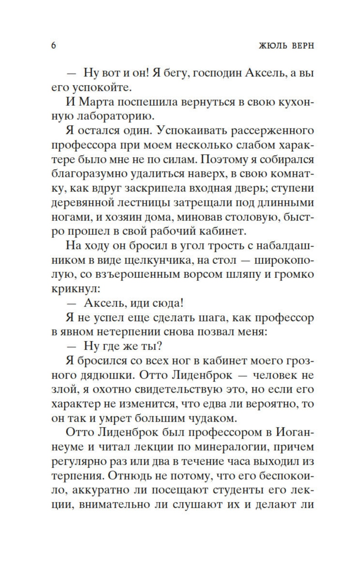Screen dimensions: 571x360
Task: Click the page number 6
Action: (54, 45)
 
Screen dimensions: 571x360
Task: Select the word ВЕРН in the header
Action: (302, 45)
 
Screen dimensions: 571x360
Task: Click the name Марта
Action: (97, 102)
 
